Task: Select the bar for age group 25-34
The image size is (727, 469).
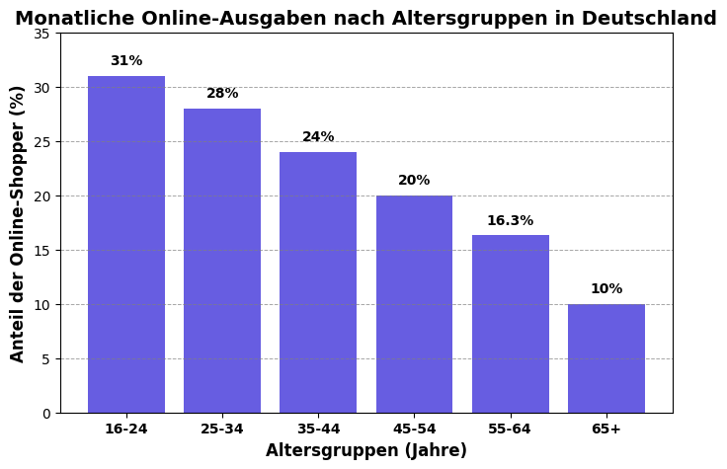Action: click(222, 261)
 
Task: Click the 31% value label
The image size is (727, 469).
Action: click(126, 61)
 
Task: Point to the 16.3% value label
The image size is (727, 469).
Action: click(510, 221)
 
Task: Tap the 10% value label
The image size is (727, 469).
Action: click(606, 289)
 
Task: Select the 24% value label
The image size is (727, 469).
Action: click(318, 137)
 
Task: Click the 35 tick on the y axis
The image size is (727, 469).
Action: click(41, 34)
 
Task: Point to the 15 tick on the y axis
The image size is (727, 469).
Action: click(41, 251)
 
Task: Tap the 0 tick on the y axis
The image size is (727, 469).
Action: click(45, 414)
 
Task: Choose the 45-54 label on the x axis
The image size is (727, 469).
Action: click(414, 430)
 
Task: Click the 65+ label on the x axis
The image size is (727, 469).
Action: click(606, 430)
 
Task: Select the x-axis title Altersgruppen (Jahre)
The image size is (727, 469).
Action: click(366, 451)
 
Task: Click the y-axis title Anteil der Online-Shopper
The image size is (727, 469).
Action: click(19, 223)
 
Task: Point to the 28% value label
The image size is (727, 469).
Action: click(222, 94)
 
